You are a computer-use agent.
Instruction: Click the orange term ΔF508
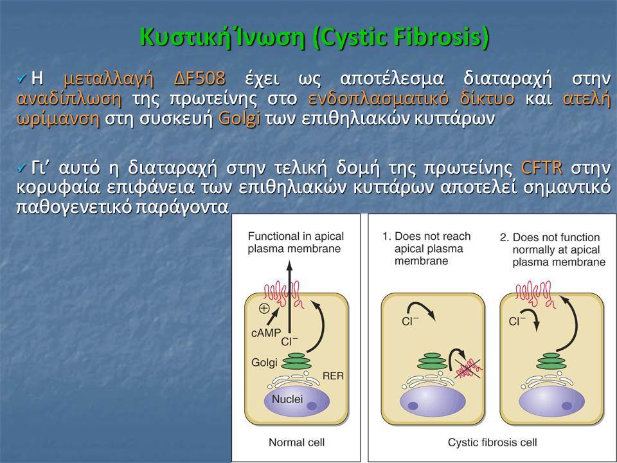[x=199, y=78]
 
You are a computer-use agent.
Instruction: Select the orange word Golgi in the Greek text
[x=239, y=118]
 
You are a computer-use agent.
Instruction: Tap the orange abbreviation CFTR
[x=542, y=168]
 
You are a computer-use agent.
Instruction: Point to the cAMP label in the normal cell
[x=266, y=333]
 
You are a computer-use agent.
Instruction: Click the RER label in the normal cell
[x=333, y=376]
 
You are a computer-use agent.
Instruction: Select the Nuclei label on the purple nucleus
[x=287, y=399]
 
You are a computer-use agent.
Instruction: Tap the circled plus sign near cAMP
[x=264, y=308]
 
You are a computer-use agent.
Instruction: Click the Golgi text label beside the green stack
[x=264, y=362]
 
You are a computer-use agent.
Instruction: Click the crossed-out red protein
[x=469, y=368]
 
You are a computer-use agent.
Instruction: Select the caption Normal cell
[x=296, y=442]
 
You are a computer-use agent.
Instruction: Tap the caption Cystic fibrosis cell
[x=492, y=442]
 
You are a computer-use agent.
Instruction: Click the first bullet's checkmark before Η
[x=21, y=79]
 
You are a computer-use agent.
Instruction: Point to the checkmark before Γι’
[x=21, y=168]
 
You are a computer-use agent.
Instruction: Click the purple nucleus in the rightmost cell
[x=551, y=401]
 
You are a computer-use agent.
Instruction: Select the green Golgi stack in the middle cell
[x=432, y=361]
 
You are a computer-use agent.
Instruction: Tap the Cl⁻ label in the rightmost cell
[x=517, y=322]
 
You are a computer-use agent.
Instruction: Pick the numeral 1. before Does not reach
[x=386, y=236]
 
